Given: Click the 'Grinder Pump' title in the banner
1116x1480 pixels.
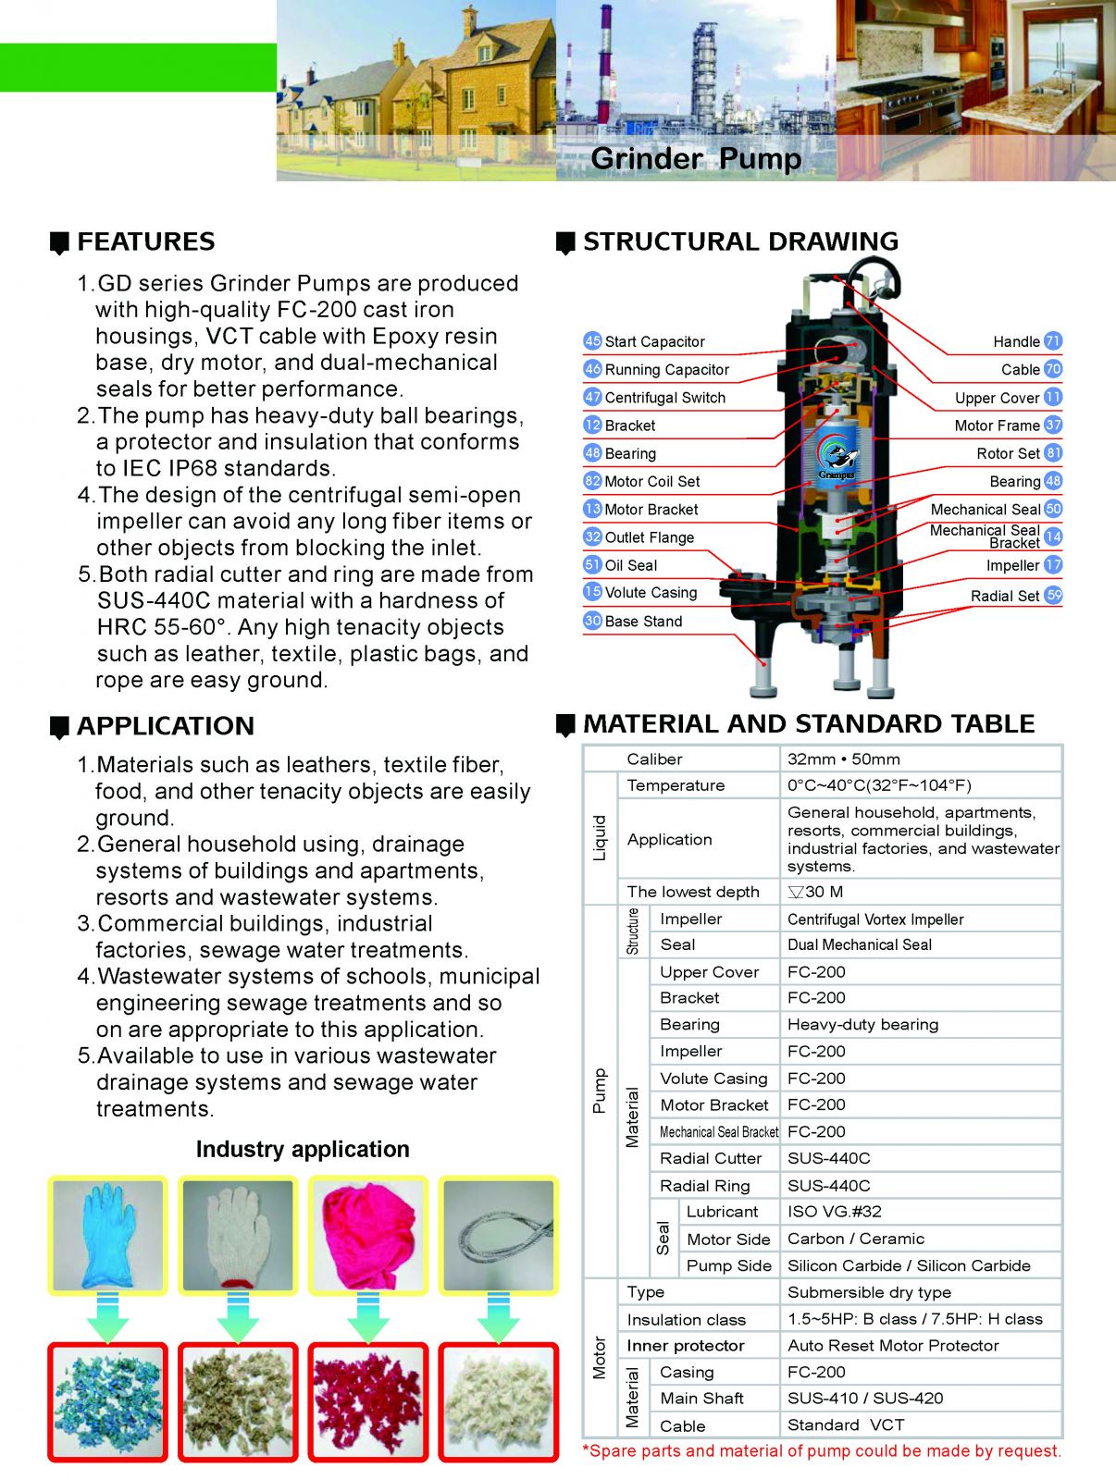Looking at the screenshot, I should point(696,158).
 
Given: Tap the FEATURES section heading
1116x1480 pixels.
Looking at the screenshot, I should point(145,242).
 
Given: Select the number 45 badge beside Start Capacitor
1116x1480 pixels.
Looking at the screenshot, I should point(592,341).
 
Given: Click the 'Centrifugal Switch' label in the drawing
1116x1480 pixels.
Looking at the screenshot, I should point(664,398).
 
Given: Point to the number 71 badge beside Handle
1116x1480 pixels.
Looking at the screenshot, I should point(1053,341).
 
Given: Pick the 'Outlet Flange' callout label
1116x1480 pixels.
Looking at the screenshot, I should point(649,537).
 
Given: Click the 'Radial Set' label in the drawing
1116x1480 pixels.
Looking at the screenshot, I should point(1005,596).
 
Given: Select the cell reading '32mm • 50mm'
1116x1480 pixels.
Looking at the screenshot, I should point(843,759).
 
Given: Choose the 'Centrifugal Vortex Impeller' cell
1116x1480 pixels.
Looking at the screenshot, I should point(875,919).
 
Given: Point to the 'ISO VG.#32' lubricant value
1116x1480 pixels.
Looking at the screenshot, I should point(834,1212).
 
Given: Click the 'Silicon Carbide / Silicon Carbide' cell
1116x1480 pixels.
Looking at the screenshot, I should point(909,1265).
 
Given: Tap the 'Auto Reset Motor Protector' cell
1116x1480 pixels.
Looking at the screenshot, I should point(893,1346).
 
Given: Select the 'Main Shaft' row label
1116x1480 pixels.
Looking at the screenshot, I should point(701,1399).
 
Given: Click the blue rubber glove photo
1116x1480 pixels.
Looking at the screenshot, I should point(107,1235).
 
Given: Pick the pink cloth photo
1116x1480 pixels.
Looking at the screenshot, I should point(367,1235).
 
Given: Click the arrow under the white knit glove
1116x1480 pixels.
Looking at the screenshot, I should point(238,1317).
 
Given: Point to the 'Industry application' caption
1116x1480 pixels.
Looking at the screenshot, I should point(303,1150).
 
